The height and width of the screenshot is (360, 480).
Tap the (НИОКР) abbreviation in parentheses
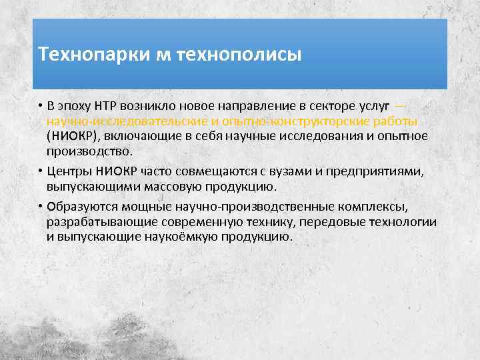(x=73, y=136)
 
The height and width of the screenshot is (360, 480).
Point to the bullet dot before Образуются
(x=41, y=207)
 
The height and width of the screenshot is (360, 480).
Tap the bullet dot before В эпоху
(x=41, y=107)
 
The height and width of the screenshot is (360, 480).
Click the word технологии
(x=405, y=221)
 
